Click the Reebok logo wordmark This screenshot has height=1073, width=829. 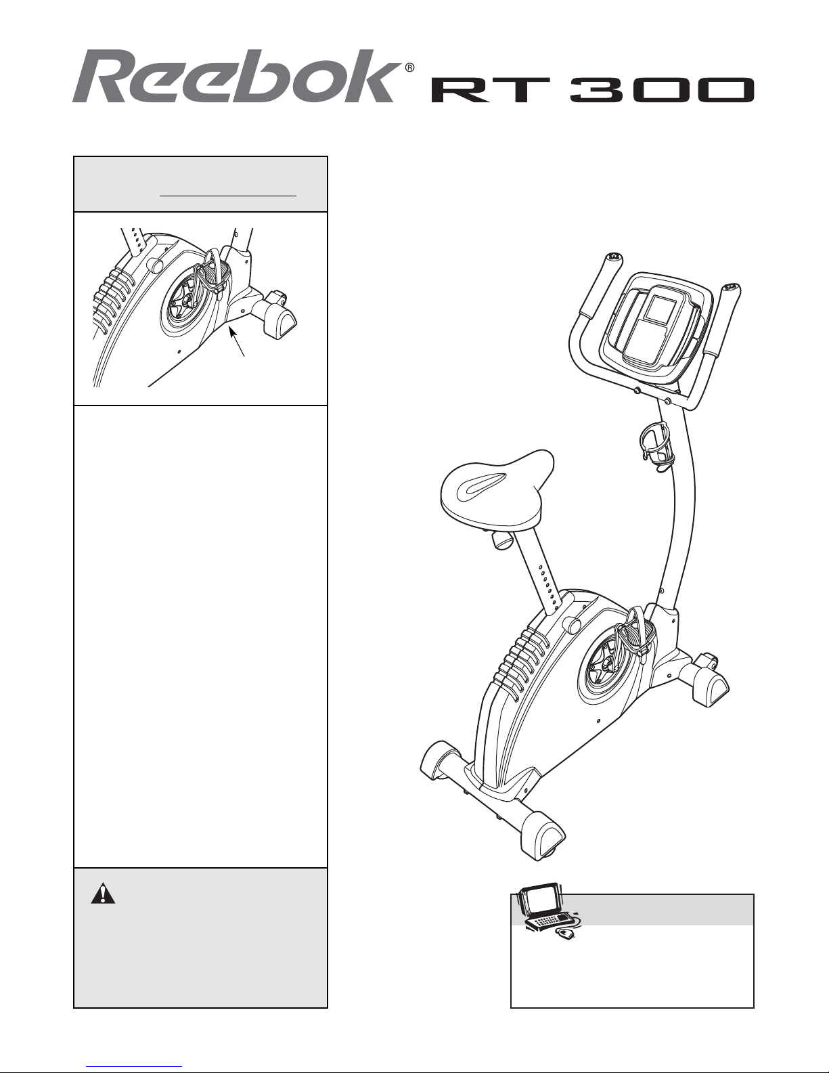[x=237, y=76]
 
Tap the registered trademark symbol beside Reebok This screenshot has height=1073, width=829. [x=409, y=68]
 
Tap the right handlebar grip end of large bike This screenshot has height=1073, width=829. [x=731, y=288]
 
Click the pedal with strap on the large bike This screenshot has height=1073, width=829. [x=637, y=634]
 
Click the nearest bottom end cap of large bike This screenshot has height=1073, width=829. [x=543, y=837]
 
